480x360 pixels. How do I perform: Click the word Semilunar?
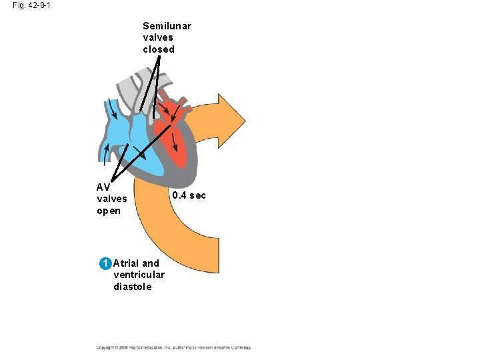point(167,26)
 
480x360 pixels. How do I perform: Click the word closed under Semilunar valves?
point(159,49)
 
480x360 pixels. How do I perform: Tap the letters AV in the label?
point(103,187)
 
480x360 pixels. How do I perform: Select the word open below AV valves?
point(109,211)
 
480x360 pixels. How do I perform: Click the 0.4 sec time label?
point(189,195)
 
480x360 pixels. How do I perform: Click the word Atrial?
point(127,263)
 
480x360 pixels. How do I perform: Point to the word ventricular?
point(139,275)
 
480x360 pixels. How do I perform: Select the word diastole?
point(133,287)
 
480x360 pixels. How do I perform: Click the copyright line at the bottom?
point(173,347)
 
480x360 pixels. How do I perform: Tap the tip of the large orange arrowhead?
point(245,121)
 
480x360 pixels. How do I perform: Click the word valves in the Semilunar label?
point(157,38)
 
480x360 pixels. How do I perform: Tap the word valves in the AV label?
point(112,199)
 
